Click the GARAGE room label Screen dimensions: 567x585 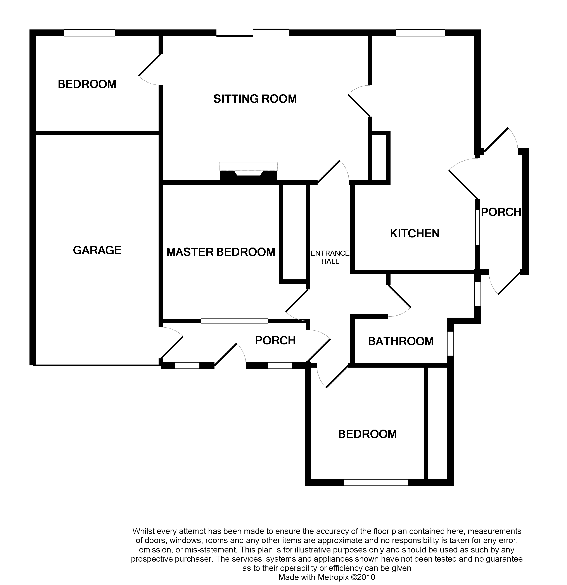(97, 250)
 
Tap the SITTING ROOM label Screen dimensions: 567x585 (255, 99)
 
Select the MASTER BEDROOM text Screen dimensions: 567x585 (221, 252)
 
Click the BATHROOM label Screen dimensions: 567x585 (401, 341)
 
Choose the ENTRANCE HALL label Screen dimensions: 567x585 (330, 257)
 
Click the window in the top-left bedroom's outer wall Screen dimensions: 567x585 (90, 33)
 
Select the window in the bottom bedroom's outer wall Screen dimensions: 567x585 (376, 482)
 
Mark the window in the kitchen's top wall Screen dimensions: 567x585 (420, 33)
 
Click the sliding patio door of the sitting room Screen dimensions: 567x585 (253, 33)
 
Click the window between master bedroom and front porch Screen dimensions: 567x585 (234, 321)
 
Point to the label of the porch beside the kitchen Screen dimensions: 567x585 (501, 212)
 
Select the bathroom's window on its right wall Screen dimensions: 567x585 (450, 343)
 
